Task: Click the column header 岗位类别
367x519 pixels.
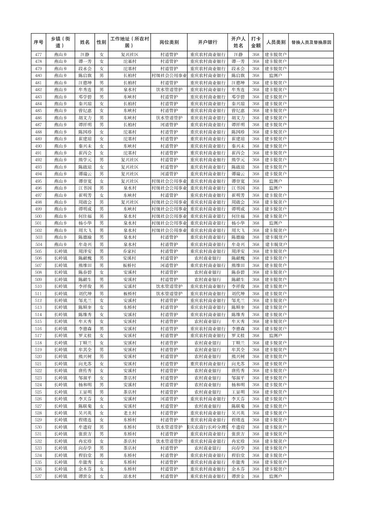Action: pos(169,42)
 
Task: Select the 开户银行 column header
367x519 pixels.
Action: pos(207,42)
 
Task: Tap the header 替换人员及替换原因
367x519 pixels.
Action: pos(311,42)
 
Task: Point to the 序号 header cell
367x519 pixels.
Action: pos(38,42)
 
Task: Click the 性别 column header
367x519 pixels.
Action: pos(101,42)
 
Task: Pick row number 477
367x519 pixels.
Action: pos(38,55)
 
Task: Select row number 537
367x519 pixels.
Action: pos(38,476)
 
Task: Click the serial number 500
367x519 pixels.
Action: pos(38,216)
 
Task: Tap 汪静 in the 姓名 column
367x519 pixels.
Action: pos(85,55)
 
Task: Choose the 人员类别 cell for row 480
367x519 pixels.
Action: pos(275,75)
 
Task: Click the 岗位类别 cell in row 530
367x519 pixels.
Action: pos(169,427)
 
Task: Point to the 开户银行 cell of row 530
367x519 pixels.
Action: pos(207,427)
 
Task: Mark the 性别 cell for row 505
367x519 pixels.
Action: pos(101,251)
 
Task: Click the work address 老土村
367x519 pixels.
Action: pos(130,413)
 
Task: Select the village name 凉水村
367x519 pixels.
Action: pos(130,476)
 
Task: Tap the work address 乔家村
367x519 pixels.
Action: pos(130,251)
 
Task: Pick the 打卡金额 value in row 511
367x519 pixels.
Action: pos(256,294)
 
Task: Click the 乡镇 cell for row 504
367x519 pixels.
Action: pos(61,244)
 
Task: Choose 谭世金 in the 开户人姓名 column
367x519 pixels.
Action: pos(238,476)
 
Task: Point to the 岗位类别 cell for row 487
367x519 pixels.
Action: pos(169,125)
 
